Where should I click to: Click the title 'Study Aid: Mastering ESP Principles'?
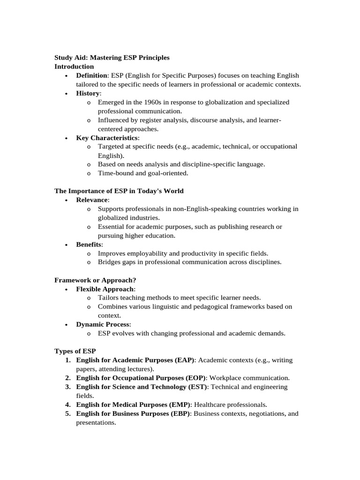[x=112, y=58]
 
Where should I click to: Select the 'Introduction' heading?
[x=74, y=67]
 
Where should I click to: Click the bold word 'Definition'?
[x=92, y=75]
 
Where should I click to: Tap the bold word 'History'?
[x=88, y=93]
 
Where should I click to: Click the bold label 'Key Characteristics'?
[x=107, y=138]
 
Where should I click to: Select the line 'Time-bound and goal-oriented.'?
[x=143, y=173]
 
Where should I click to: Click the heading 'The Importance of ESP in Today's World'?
[x=119, y=191]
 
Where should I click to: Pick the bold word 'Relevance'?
[x=92, y=200]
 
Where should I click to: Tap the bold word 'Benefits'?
[x=89, y=245]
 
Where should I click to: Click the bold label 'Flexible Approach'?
[x=105, y=289]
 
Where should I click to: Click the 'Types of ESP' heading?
[x=75, y=351]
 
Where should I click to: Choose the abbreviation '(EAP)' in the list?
[x=185, y=360]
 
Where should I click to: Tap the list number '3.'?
[x=68, y=387]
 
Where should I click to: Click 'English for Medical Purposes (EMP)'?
[x=133, y=405]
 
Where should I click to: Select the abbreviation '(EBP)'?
[x=181, y=413]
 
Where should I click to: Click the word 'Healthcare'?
[x=210, y=405]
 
